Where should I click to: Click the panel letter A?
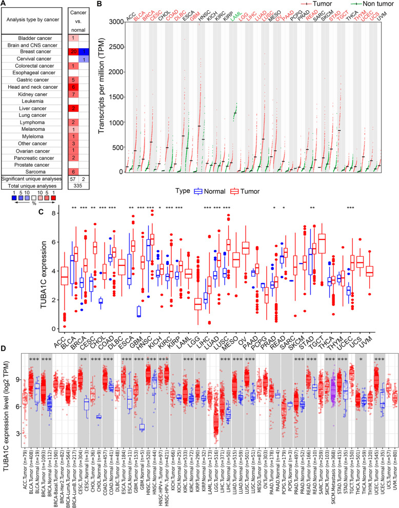(4, 4)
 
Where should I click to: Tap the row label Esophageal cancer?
(33, 73)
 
